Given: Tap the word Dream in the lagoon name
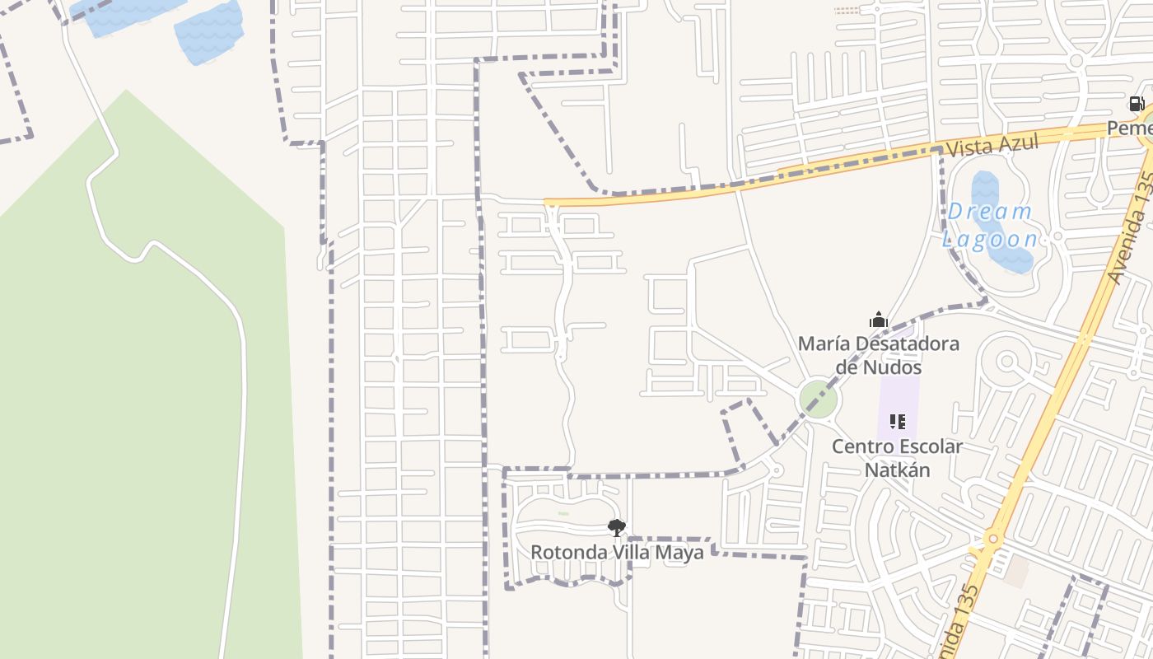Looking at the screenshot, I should tap(989, 212).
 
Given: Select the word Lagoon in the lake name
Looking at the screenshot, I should tap(989, 239).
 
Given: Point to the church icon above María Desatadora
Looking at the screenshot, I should tap(879, 320).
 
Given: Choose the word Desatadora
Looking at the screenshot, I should tap(907, 344).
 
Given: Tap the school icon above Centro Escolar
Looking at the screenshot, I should tap(898, 422).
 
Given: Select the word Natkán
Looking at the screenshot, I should tap(897, 470).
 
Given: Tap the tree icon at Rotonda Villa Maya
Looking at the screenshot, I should tap(616, 527).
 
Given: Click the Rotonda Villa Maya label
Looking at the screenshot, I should tap(617, 552).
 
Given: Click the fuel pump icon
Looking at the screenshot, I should tap(1137, 104).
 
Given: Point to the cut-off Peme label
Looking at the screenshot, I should tap(1129, 129).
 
